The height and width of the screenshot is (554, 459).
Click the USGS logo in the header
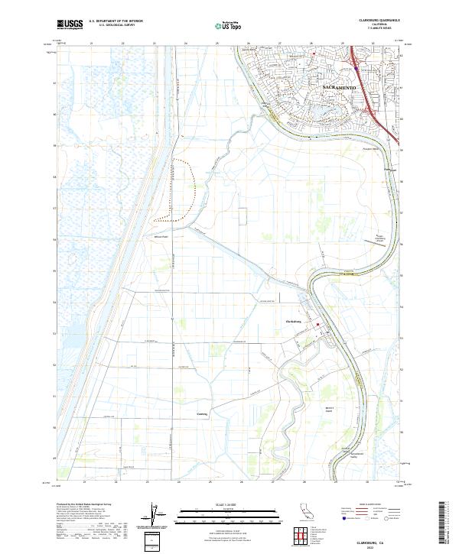pos(70,25)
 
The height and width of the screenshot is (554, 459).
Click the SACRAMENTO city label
pos(330,89)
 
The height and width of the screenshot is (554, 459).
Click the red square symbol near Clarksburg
pos(319,330)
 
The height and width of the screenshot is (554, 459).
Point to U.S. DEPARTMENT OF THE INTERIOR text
pos(116,21)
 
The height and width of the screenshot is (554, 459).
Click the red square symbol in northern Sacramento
pos(313,56)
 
